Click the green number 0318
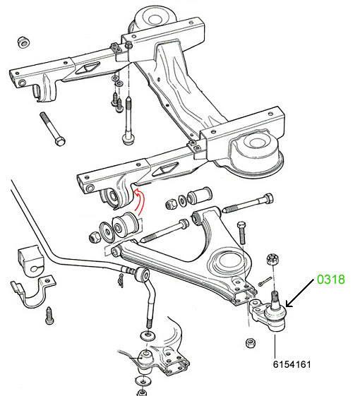coord(330,280)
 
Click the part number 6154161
coord(292,364)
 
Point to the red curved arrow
coord(138,202)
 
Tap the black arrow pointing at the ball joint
coord(300,293)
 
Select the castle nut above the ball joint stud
coord(272,260)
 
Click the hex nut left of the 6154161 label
coord(251,343)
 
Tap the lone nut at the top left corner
coord(24,42)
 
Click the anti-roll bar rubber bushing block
coord(30,259)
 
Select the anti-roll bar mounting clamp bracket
coord(32,292)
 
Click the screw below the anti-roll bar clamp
coord(49,316)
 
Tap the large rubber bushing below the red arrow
coord(125,224)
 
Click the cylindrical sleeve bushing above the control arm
coord(199,195)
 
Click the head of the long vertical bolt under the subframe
coord(128,140)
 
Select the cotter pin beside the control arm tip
coord(265,282)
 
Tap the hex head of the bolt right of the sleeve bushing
coord(268,198)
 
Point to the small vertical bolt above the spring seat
coord(242,232)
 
